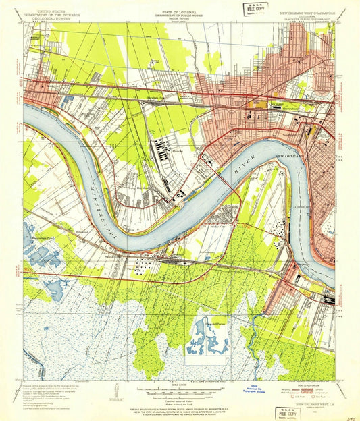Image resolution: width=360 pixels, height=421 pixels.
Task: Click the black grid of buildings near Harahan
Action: point(161,147)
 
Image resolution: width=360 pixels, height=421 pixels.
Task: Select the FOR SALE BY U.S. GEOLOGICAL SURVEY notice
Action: point(180,410)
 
